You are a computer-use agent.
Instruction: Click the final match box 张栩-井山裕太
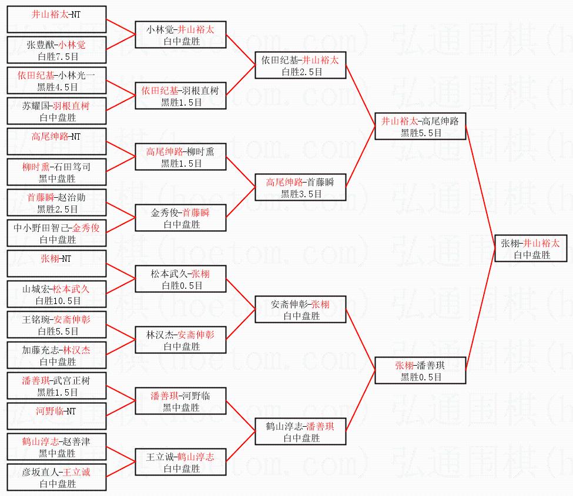[x=530, y=249]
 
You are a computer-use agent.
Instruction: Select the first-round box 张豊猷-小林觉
[x=56, y=50]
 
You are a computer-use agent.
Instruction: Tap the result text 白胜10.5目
[x=58, y=301]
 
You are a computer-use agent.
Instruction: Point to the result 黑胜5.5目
[x=421, y=133]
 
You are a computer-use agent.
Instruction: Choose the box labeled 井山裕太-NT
[x=56, y=20]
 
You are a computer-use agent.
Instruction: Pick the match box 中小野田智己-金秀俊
[x=56, y=234]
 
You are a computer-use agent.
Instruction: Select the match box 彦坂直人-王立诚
[x=56, y=478]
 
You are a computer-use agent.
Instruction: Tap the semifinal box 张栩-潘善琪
[x=421, y=371]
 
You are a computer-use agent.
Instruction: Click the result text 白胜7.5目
[x=58, y=56]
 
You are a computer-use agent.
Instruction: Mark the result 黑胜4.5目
[x=58, y=87]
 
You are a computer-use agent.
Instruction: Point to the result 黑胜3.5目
[x=301, y=194]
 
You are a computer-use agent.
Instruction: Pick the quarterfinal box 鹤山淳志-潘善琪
[x=301, y=432]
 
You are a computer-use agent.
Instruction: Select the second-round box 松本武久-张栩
[x=180, y=279]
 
